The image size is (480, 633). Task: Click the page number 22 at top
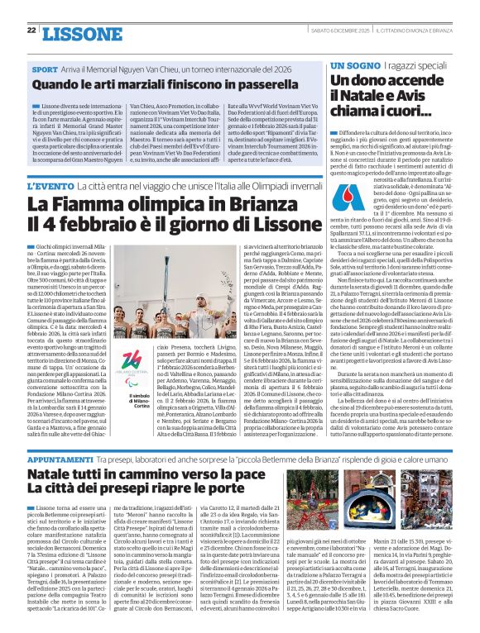pyautogui.click(x=31, y=30)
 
